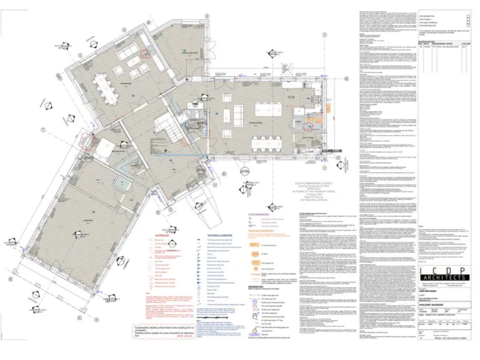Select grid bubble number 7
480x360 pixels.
tap(43, 130)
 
